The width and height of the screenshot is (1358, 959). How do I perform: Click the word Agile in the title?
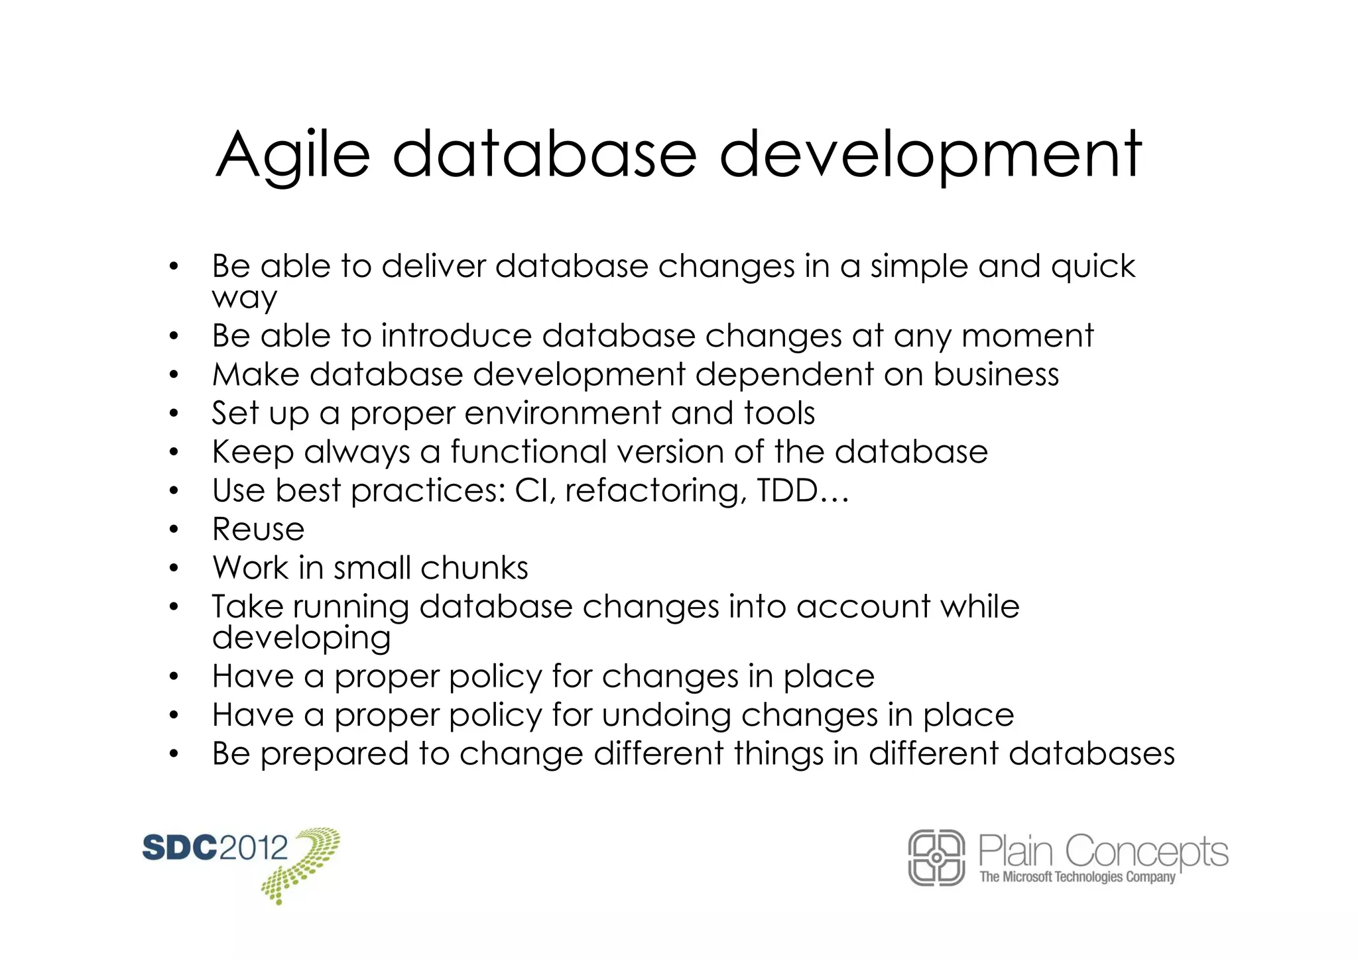click(x=292, y=156)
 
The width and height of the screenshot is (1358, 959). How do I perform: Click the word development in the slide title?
click(x=930, y=156)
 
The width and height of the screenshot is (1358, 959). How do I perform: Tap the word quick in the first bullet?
click(x=1093, y=266)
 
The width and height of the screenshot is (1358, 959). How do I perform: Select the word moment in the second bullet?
click(x=1027, y=335)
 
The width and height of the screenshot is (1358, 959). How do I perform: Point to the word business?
click(x=996, y=374)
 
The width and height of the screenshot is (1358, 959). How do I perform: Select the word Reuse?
click(x=258, y=530)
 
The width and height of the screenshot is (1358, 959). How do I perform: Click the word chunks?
click(x=474, y=568)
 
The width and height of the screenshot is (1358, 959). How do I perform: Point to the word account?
click(x=863, y=607)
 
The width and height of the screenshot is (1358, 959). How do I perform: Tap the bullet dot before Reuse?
click(x=174, y=530)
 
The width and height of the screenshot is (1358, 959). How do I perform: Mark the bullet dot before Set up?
click(x=174, y=414)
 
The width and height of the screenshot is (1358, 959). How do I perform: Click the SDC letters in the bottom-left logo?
click(x=180, y=848)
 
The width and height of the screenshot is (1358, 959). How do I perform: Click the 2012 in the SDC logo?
click(x=253, y=848)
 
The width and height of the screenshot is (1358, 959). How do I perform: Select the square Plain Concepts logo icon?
click(x=936, y=858)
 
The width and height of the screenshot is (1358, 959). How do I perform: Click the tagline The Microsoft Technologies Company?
click(x=1077, y=877)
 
